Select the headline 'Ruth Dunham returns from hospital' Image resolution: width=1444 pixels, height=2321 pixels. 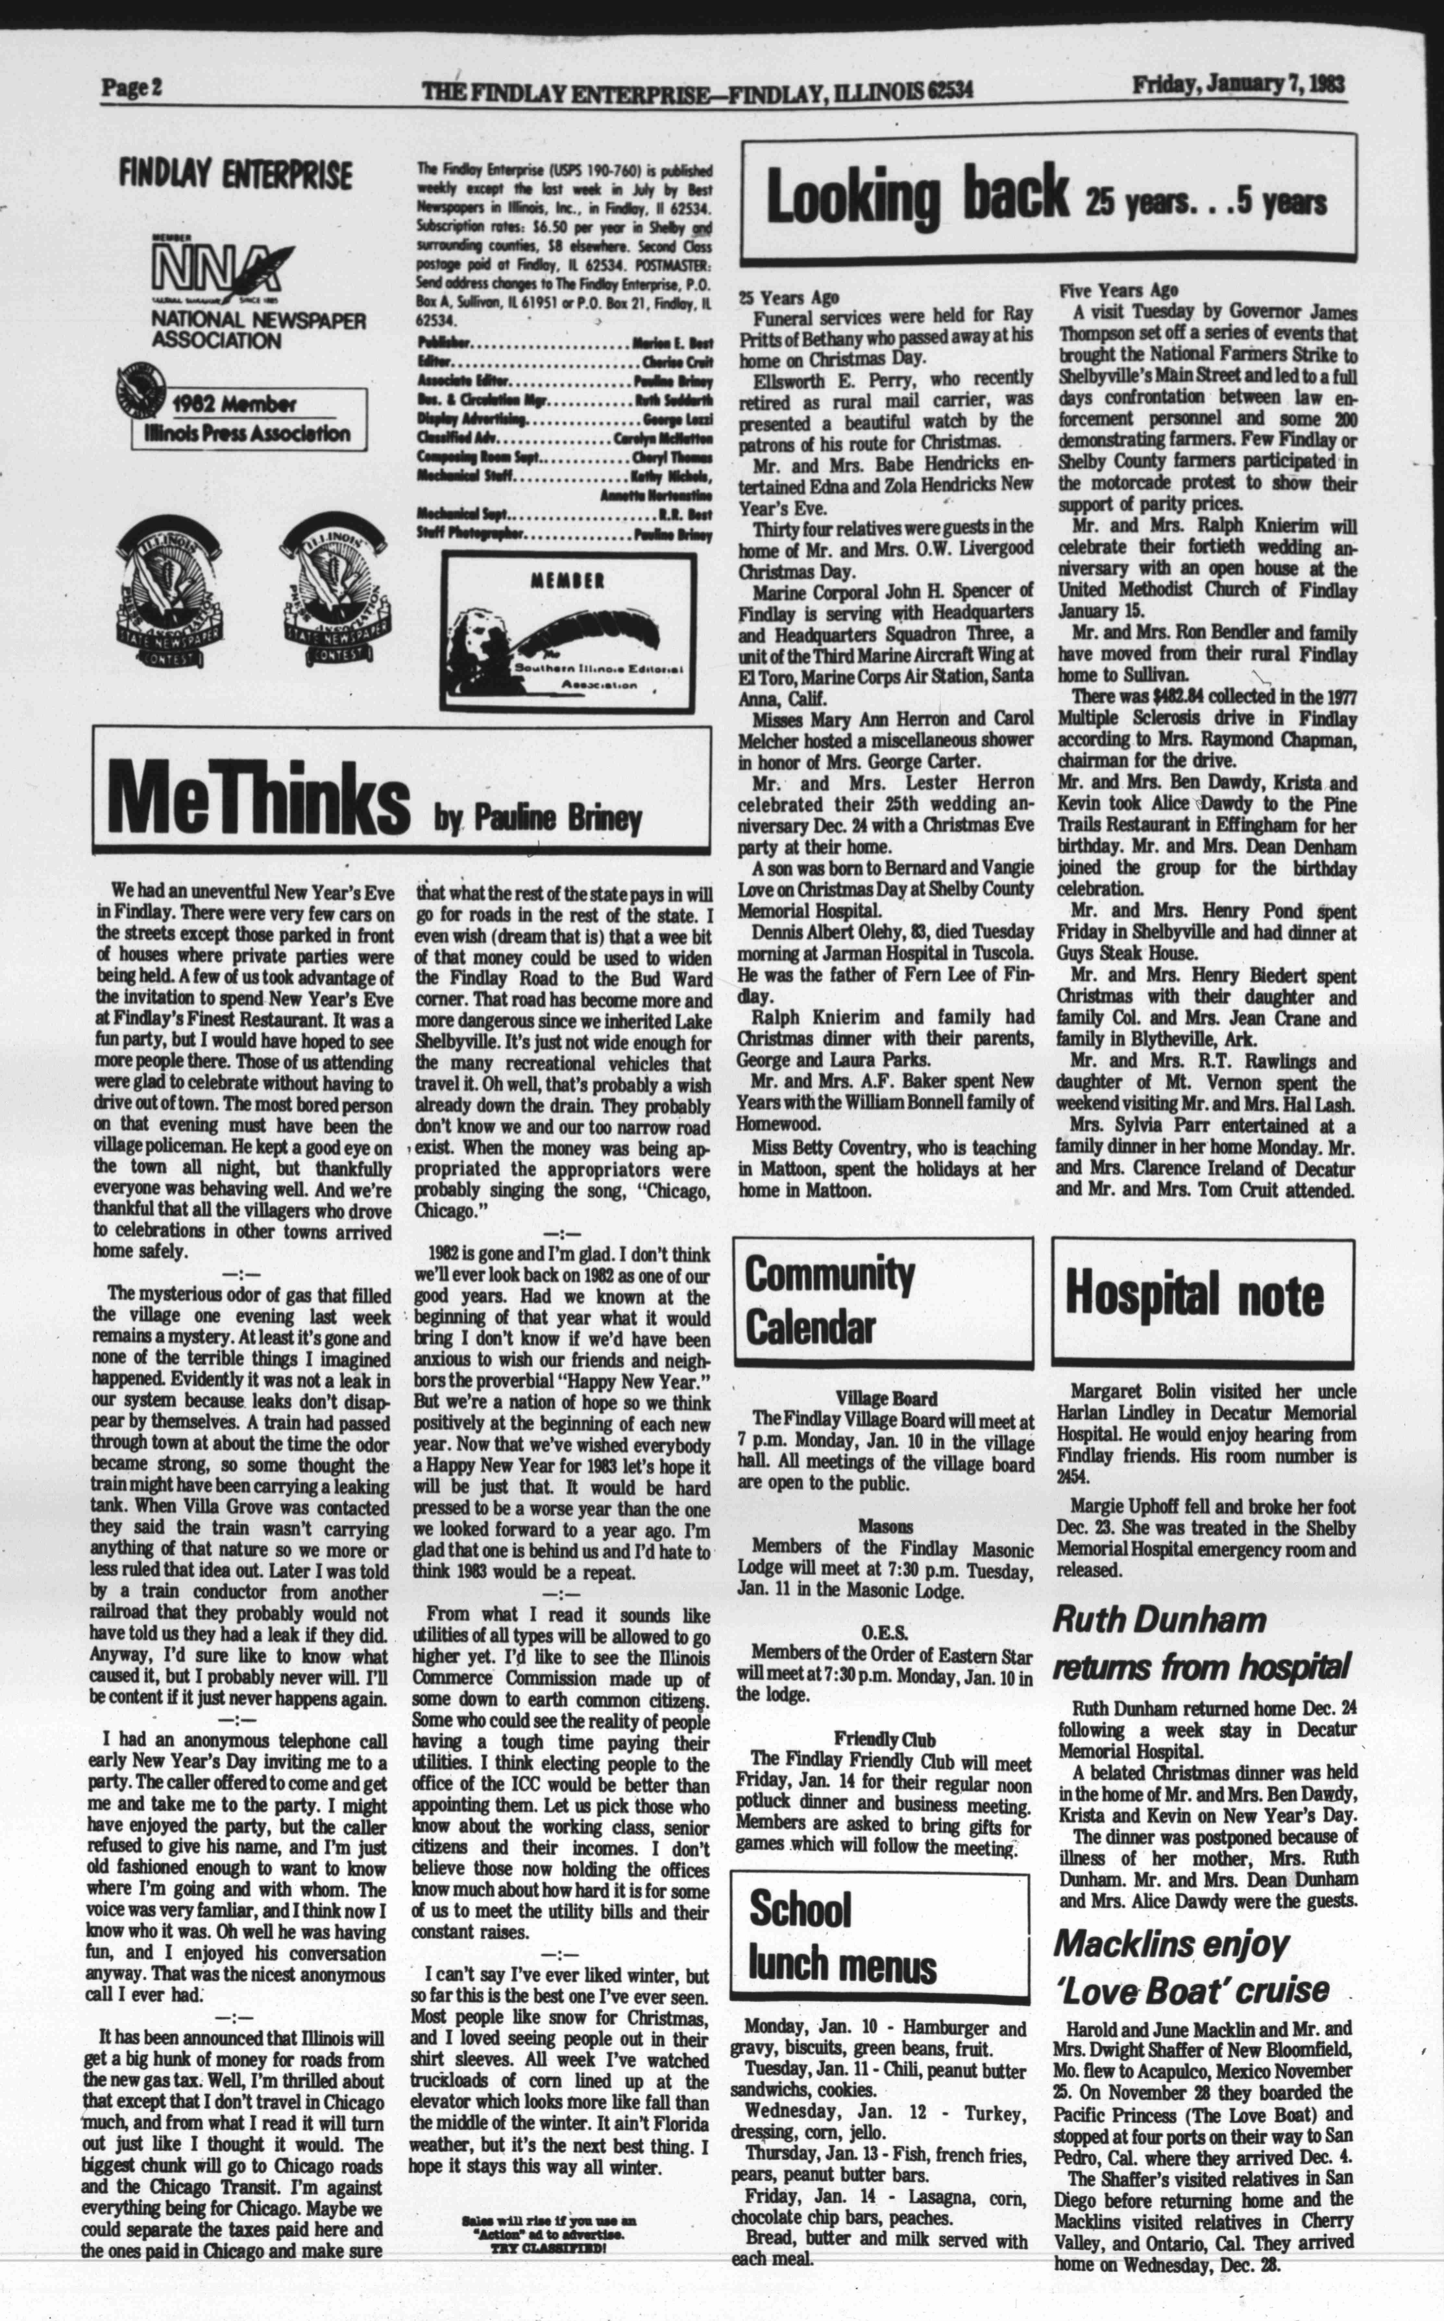(1200, 1643)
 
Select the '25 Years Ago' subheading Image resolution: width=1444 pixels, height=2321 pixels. (789, 297)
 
